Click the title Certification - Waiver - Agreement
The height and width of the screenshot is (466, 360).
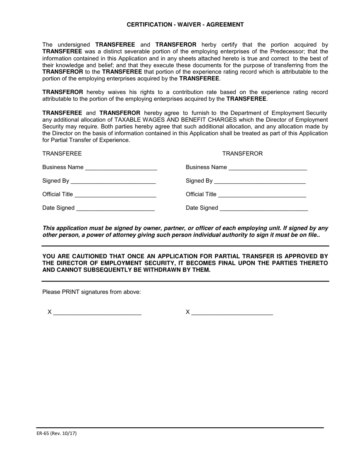[185, 25]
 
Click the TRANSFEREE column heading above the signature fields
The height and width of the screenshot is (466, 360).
[62, 153]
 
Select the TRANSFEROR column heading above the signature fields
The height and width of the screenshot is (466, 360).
[242, 153]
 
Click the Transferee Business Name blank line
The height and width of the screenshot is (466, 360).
[121, 168]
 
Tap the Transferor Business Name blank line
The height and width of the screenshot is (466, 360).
[268, 168]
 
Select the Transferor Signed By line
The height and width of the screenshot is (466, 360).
[260, 181]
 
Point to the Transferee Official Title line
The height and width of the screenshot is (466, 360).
[115, 195]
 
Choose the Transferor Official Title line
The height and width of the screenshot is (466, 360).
[262, 195]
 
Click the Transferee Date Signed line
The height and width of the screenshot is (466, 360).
[115, 208]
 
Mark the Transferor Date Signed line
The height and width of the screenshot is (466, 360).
[264, 208]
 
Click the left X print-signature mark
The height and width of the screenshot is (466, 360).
[50, 312]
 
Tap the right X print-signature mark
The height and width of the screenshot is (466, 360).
[188, 312]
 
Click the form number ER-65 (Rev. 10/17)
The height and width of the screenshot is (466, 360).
[56, 433]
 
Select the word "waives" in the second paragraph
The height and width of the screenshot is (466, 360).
[118, 92]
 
